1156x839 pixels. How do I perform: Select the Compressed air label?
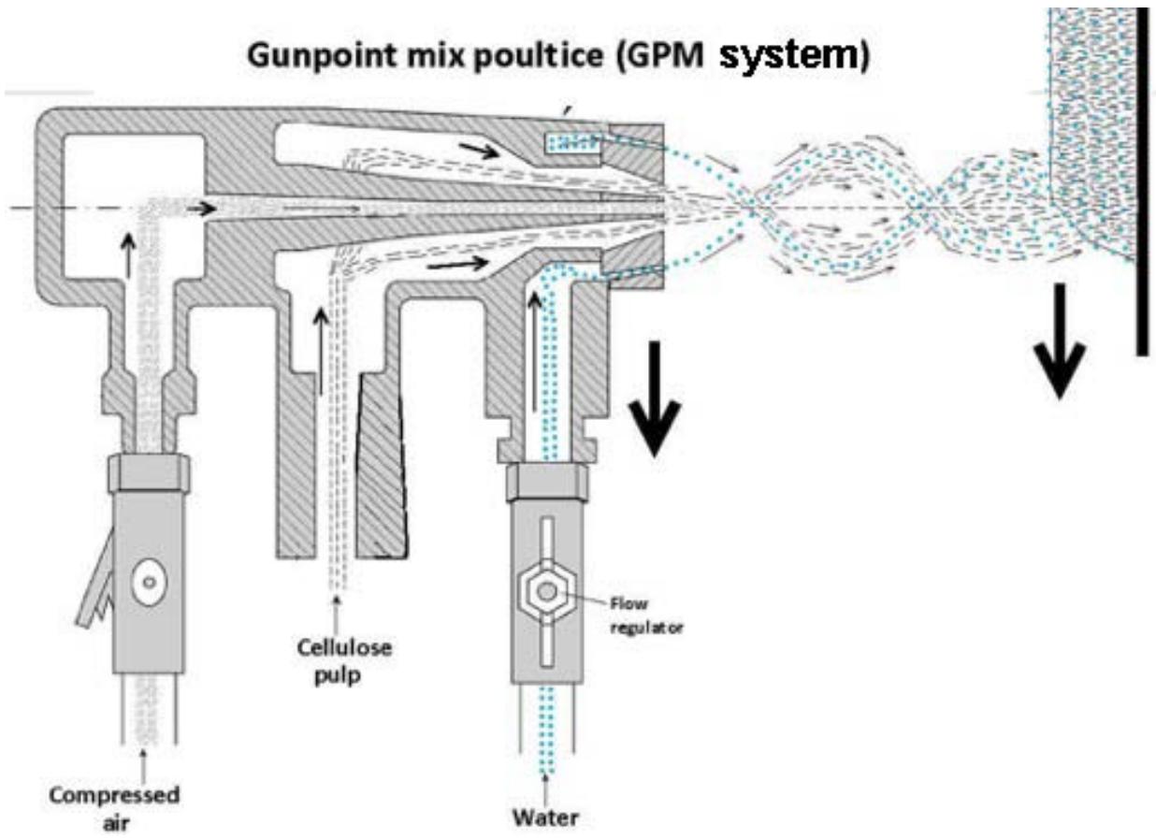(114, 807)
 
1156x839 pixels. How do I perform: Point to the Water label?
(545, 817)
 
